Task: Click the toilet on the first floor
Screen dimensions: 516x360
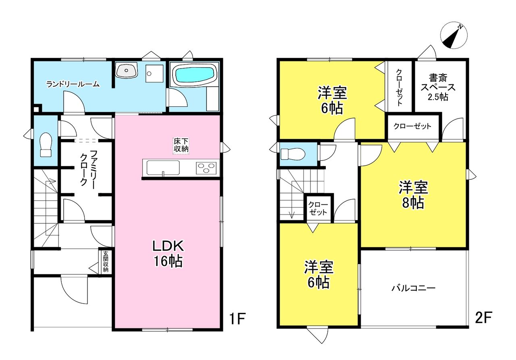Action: click(x=46, y=145)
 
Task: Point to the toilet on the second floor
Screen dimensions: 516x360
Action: click(x=293, y=154)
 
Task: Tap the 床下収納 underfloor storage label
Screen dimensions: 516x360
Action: click(x=181, y=145)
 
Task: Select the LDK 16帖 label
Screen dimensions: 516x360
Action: click(x=168, y=254)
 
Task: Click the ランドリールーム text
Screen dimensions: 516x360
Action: click(x=73, y=84)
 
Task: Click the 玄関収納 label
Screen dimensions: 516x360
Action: click(x=106, y=261)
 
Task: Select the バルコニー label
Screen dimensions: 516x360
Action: click(x=414, y=288)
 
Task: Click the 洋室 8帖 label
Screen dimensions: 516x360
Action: click(x=413, y=195)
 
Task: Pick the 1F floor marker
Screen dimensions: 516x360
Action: click(x=237, y=318)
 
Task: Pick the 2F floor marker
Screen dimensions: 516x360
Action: click(x=483, y=317)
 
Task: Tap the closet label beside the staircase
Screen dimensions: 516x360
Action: click(x=318, y=209)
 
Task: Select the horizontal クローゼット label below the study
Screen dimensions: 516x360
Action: click(x=412, y=126)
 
